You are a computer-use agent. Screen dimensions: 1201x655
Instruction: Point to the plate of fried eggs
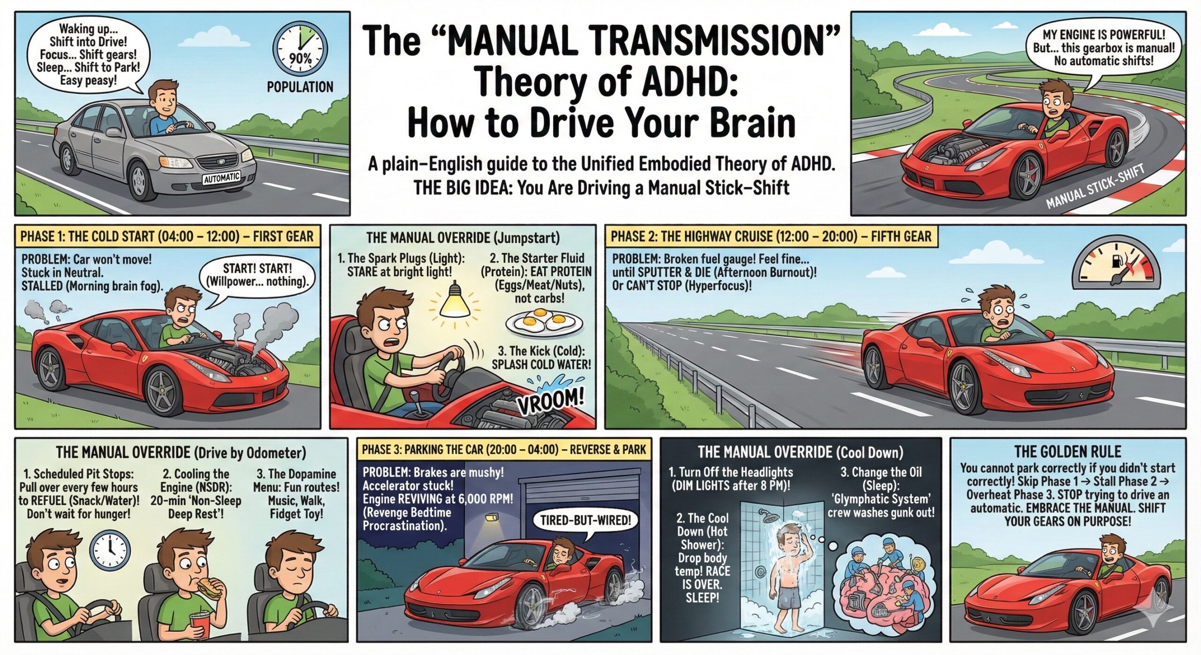point(544,322)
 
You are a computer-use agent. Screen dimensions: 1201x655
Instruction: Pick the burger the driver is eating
point(208,586)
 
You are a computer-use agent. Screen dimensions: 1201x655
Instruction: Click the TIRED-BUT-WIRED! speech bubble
point(584,521)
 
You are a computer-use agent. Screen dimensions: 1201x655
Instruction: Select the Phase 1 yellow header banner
point(167,236)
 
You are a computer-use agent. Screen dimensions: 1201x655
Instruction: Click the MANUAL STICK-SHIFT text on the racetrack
point(1095,186)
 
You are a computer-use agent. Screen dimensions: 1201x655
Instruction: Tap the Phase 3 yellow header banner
point(504,449)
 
